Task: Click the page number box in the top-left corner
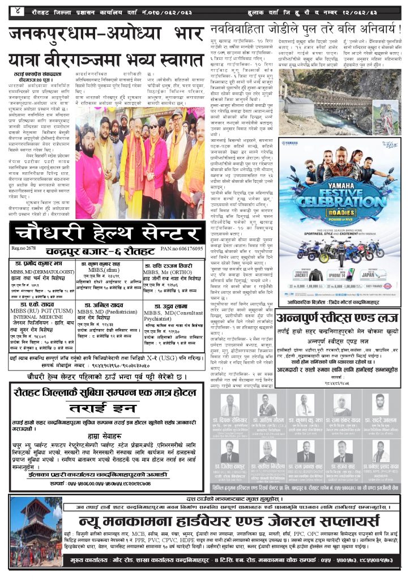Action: (x=19, y=10)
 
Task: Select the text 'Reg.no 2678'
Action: (x=23, y=249)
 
